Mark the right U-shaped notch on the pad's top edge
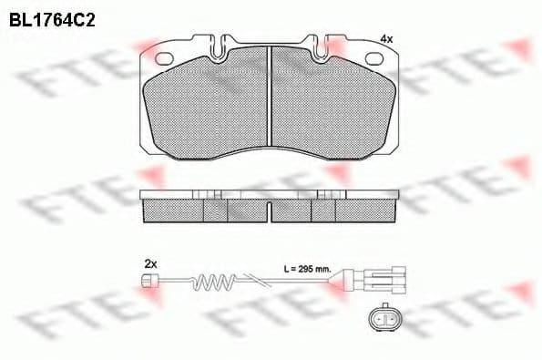tap(325, 46)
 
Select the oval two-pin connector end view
tap(383, 320)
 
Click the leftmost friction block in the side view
tap(173, 211)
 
